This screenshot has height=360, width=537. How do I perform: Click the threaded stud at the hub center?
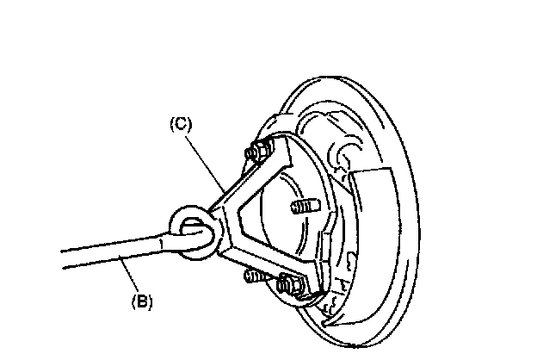click(x=301, y=207)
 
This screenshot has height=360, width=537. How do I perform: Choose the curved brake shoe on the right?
click(x=379, y=233)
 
